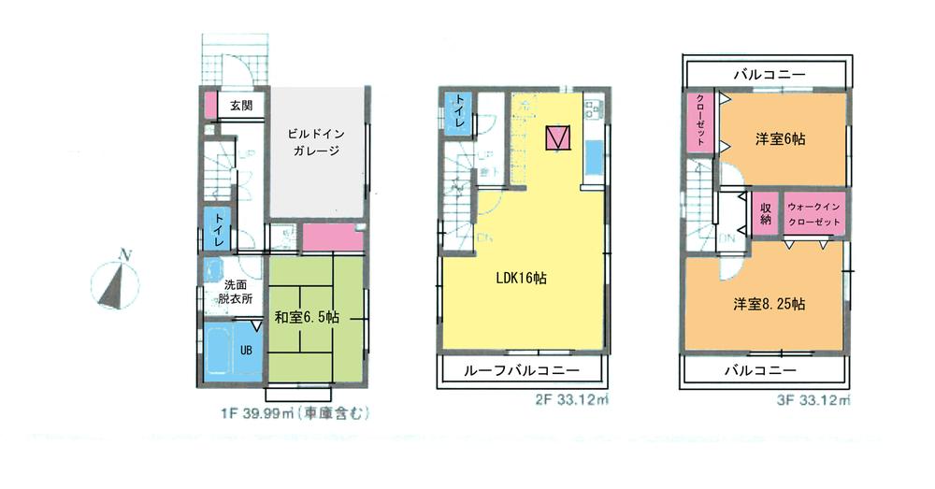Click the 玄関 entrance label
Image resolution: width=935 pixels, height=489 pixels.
(240, 106)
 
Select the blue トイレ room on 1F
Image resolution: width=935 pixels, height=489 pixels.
(216, 229)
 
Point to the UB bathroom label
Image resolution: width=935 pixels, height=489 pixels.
(246, 350)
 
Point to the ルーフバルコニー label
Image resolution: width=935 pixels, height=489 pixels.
(522, 371)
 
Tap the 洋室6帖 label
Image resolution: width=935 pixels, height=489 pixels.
(781, 138)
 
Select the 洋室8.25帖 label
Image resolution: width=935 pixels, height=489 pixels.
(770, 305)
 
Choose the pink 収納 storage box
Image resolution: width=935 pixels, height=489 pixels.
(765, 213)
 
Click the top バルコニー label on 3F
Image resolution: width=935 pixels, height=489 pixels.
(769, 73)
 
